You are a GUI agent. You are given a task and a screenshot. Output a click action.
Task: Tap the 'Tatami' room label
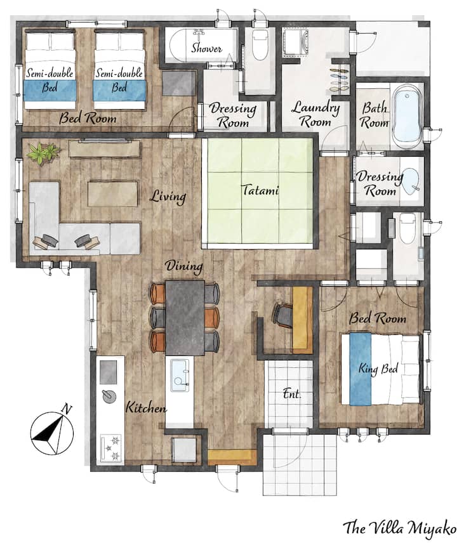(x=260, y=190)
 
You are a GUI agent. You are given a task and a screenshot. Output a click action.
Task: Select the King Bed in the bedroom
(x=380, y=369)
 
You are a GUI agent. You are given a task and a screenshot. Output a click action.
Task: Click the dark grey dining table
(x=185, y=318)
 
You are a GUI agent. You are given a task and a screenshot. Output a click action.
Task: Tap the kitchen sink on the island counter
(x=180, y=376)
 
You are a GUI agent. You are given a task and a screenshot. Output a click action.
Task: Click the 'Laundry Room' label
(x=315, y=114)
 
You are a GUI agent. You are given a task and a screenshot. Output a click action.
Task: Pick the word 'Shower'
(x=206, y=48)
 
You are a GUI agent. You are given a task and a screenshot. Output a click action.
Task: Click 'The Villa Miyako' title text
(x=399, y=528)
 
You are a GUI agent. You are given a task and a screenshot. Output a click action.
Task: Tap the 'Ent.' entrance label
(x=292, y=394)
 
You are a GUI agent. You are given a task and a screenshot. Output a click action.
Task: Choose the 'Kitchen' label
(x=146, y=407)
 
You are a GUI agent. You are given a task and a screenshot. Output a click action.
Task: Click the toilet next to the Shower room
(x=260, y=44)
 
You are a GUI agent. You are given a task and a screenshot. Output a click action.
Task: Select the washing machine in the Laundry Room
(x=296, y=42)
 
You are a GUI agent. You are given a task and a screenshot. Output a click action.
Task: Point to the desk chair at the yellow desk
(x=282, y=315)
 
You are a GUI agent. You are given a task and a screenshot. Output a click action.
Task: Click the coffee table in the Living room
(x=112, y=193)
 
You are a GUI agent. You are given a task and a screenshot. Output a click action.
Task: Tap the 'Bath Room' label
(x=374, y=115)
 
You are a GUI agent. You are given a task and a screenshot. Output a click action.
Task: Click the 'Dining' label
(x=184, y=266)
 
